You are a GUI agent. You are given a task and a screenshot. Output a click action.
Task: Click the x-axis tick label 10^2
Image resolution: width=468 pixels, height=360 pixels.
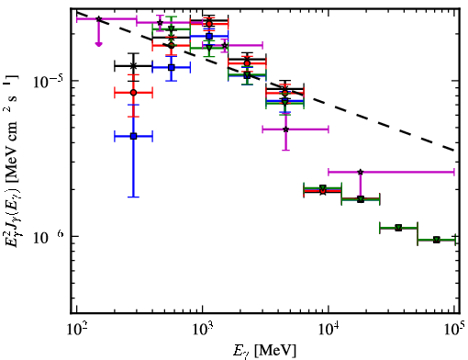76,330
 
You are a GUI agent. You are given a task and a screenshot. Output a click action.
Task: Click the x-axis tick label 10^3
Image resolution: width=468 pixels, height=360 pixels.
203,330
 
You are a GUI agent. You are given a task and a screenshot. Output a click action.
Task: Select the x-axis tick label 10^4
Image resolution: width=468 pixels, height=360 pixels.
329,330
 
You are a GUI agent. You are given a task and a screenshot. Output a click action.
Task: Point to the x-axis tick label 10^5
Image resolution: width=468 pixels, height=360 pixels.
454,330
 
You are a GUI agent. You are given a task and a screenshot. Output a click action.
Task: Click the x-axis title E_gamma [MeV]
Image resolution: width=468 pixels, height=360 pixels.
264,351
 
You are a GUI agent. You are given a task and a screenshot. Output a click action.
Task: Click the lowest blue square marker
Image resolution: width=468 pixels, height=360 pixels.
133,136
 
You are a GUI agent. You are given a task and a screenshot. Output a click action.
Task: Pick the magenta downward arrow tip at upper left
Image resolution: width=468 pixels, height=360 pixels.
98,45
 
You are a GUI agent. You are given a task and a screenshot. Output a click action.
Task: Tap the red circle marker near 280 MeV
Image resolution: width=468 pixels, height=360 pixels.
133,93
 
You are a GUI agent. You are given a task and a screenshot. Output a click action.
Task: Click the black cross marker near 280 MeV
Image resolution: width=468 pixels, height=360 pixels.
133,66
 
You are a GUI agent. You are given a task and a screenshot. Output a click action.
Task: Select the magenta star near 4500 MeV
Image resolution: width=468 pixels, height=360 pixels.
285,129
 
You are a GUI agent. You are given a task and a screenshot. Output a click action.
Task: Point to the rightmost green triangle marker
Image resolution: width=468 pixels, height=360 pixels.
437,240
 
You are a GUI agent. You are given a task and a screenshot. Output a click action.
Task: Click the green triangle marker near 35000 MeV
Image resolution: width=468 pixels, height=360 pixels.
398,228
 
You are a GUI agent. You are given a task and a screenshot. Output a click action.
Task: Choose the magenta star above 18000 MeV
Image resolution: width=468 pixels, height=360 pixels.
361,172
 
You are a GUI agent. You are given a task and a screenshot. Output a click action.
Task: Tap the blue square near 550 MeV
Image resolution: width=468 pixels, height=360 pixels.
172,67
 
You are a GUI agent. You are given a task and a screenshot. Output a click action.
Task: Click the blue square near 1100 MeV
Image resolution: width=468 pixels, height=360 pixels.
209,37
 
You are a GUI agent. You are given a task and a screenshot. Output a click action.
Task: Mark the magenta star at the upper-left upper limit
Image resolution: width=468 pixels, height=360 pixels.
98,19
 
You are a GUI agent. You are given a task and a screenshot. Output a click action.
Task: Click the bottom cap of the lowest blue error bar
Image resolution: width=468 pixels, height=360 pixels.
133,197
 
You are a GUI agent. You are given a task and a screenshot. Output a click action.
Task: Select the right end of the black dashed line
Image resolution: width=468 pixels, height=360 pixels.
454,151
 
